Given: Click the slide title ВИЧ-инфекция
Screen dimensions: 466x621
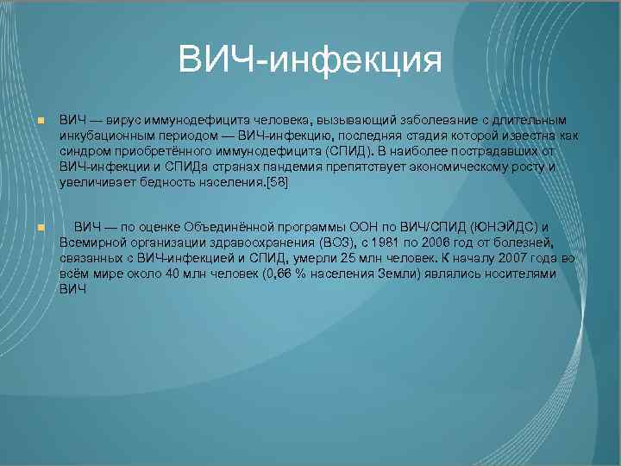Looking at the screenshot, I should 310,60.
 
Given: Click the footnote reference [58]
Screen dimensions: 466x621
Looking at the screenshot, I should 279,182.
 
